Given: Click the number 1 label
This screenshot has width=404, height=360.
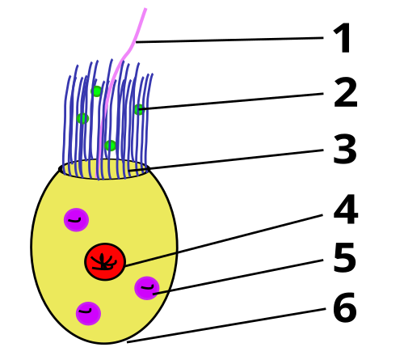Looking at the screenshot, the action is coord(343,38).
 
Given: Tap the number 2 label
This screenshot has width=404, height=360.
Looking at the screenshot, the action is coord(346,92).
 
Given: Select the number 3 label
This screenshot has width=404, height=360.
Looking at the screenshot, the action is coord(345,149).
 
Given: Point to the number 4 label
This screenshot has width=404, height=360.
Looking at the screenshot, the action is coord(346,210).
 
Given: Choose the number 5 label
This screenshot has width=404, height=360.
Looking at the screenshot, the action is coord(345,257).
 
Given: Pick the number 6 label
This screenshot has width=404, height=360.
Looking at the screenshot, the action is coord(345,307).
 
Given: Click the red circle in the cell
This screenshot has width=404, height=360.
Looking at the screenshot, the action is coord(105,262).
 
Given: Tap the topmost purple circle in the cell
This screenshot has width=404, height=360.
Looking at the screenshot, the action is coord(76,220).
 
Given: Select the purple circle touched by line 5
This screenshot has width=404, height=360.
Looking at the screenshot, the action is coord(147,288).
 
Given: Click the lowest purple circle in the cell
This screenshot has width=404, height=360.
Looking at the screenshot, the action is coord(88,314).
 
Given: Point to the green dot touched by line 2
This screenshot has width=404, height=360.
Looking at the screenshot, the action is coord(139,109).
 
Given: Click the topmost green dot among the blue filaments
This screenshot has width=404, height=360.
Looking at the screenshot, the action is coord(97,91).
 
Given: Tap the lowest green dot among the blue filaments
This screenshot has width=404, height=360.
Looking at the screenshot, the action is coord(110,146).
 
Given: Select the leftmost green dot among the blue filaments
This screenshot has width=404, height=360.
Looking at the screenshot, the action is coord(82,118).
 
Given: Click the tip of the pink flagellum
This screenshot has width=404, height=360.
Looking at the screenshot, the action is coord(145,9).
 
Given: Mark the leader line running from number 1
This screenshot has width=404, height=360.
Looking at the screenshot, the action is coord(229,40).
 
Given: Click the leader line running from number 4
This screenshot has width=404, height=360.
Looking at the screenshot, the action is coord(224,240).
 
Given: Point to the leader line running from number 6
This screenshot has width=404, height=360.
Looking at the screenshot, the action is coord(226,325).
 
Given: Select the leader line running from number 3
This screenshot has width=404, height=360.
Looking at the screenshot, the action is coord(226,160).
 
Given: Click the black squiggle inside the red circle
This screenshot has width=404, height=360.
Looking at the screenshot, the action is coord(103,262).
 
